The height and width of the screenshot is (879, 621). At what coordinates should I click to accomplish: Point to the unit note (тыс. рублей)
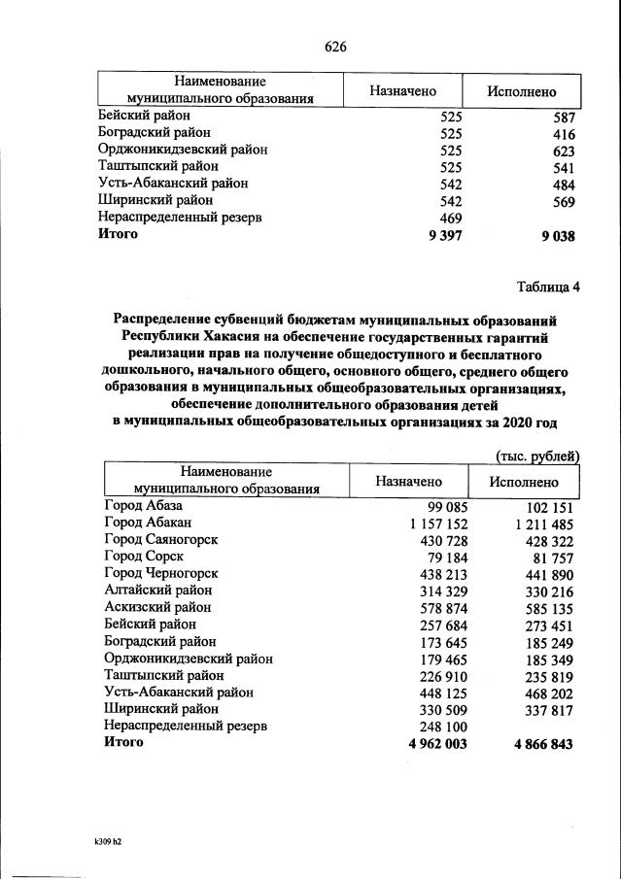click(x=537, y=455)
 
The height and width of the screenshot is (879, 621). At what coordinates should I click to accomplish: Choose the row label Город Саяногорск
click(x=160, y=539)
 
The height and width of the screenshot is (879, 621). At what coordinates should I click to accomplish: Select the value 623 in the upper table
click(x=563, y=151)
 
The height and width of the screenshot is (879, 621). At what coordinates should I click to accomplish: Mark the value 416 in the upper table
click(x=563, y=133)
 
